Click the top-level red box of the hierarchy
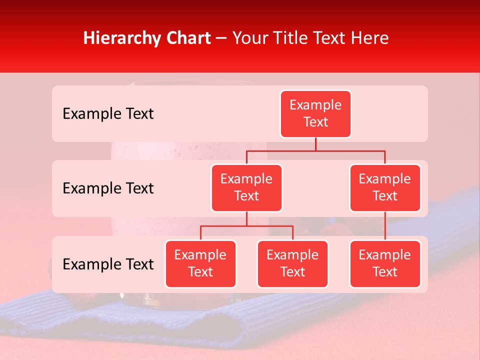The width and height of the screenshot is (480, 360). [x=315, y=114]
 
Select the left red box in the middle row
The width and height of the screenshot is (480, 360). [x=246, y=188]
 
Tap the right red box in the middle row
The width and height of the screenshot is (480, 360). [x=385, y=188]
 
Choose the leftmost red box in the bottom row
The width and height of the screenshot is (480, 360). [x=200, y=264]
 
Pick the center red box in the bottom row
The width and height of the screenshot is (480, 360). [x=292, y=264]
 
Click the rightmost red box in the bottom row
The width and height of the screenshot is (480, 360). [x=385, y=264]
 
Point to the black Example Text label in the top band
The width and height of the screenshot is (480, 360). [x=108, y=114]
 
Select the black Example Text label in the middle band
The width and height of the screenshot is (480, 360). [x=108, y=188]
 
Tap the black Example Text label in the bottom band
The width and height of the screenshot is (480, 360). [x=108, y=264]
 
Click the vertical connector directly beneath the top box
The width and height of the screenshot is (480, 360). [x=315, y=144]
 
